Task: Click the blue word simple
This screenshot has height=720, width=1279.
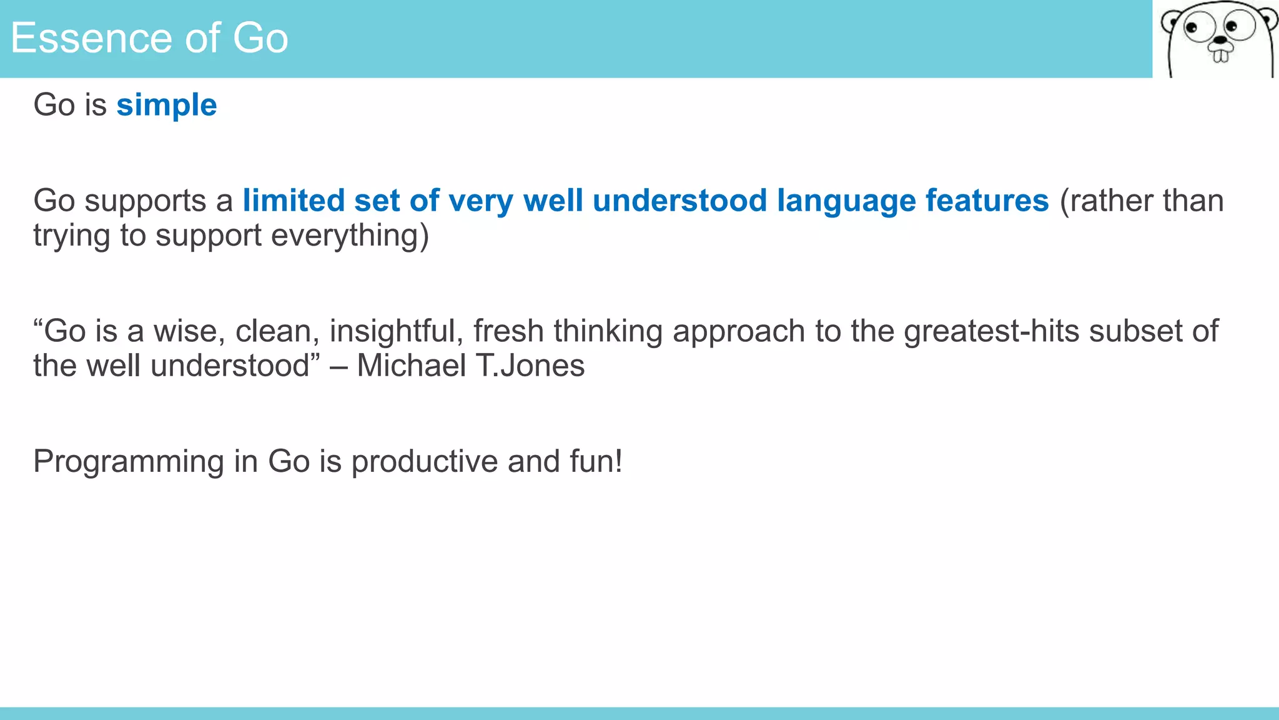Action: [x=166, y=105]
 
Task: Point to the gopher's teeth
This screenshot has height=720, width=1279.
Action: [x=1220, y=56]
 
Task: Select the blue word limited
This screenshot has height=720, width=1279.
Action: [x=294, y=201]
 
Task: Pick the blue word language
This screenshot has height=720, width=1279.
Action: [x=846, y=201]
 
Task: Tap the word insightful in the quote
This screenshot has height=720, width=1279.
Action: [x=396, y=331]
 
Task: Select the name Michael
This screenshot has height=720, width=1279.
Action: [x=410, y=366]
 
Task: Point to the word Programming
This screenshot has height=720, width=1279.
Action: [x=128, y=462]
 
